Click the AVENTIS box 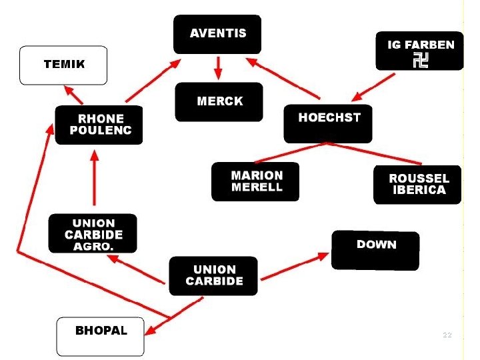tap(217, 34)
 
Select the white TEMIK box tap(63, 65)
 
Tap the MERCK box tap(219, 102)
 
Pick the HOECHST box tap(328, 124)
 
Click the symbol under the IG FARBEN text tap(421, 60)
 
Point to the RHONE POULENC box tap(99, 125)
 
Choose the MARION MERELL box tap(255, 181)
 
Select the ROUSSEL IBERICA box tap(417, 185)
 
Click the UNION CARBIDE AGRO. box tap(93, 233)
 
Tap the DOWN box tap(375, 251)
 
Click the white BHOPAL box tap(101, 337)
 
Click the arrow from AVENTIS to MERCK tap(218, 68)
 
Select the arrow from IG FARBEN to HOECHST tap(373, 87)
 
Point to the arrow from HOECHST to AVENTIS tap(283, 79)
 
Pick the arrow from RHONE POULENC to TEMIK tap(73, 95)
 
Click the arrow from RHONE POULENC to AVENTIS tap(153, 81)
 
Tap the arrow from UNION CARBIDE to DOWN tap(295, 266)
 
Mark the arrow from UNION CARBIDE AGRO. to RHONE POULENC tap(95, 177)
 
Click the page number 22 tap(447, 335)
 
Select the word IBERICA tap(419, 190)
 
